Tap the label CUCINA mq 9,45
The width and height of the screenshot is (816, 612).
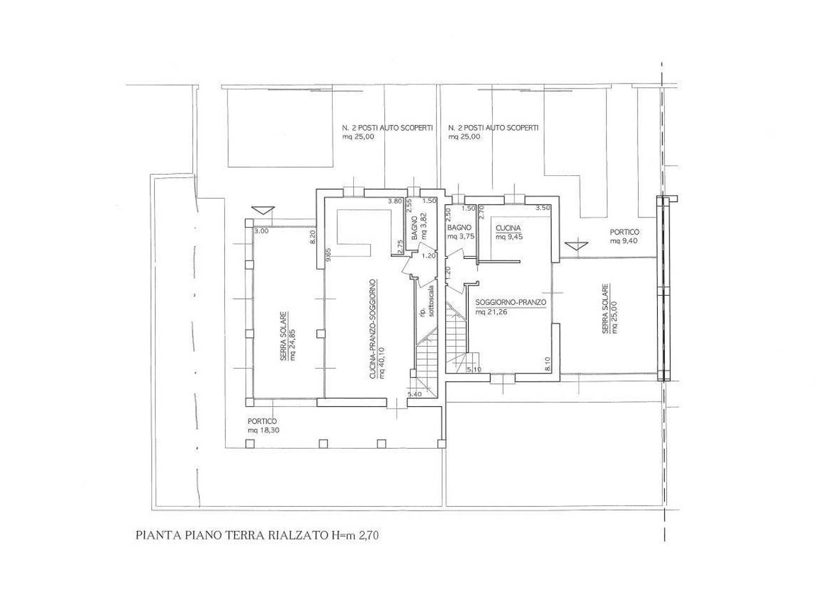point(509,232)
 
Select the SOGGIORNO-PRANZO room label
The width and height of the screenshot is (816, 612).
point(511,307)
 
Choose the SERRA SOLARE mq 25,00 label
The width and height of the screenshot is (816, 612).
point(609,309)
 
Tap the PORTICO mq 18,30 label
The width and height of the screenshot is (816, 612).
point(263,425)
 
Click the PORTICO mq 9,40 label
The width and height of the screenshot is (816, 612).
point(624,236)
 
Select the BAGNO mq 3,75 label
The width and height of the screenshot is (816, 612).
point(461,231)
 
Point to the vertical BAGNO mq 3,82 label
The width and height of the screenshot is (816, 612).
point(418,226)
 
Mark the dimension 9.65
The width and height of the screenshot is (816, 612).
point(328,255)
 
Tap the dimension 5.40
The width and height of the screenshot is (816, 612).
point(414,395)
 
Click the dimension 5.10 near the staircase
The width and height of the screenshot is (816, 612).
point(474,369)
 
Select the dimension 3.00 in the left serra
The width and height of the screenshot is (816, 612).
point(261,231)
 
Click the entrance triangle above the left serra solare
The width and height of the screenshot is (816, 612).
point(263,210)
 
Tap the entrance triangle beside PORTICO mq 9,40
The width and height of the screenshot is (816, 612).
point(576,245)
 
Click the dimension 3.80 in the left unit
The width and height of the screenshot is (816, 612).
point(395,201)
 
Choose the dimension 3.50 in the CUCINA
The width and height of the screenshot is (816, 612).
point(543,208)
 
